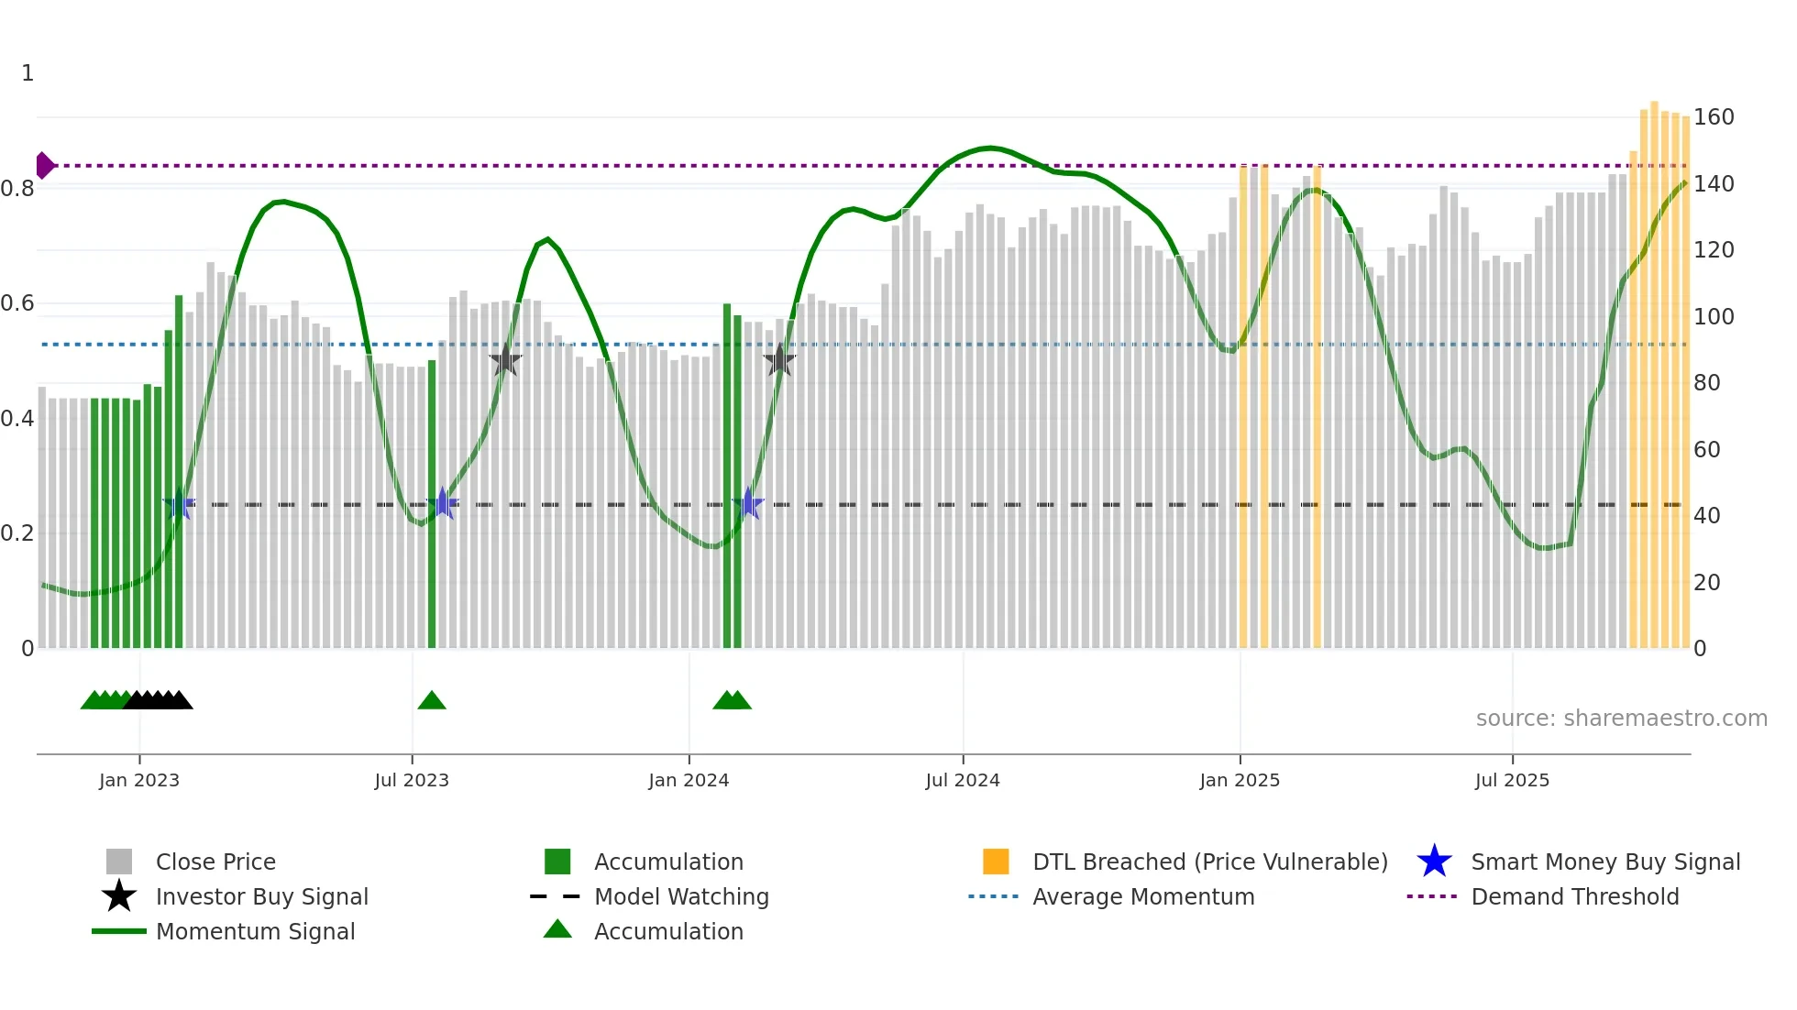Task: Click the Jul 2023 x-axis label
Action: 412,780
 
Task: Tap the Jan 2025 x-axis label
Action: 1240,780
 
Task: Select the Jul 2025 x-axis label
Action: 1512,780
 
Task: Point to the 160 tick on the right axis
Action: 1714,117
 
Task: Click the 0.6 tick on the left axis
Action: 17,303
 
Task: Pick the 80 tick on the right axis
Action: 1706,383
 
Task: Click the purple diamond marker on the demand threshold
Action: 44,166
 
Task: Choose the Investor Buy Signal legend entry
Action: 261,896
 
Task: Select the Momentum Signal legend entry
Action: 255,931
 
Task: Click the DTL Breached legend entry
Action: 1209,862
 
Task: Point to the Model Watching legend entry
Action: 680,896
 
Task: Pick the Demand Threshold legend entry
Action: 1574,896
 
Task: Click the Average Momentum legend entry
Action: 1142,896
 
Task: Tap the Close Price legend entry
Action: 215,862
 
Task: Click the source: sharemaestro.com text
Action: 1621,719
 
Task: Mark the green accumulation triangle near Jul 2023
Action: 432,701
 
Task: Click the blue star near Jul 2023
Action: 443,503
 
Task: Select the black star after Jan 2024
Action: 779,361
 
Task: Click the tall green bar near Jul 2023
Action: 432,504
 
